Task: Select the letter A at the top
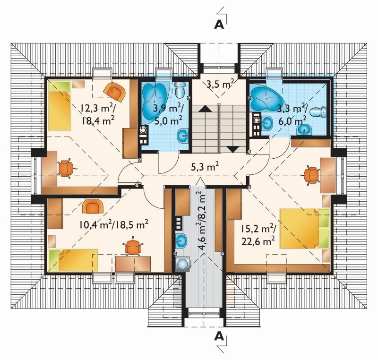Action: (219, 25)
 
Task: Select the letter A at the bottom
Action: (219, 336)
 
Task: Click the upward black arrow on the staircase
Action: (205, 109)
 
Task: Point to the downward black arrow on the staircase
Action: (233, 149)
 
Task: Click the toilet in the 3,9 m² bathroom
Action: (180, 90)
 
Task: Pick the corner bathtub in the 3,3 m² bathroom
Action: (265, 98)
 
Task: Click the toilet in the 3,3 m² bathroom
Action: (318, 111)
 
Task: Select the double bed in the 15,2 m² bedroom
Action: (304, 228)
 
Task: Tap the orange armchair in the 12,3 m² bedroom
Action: (114, 92)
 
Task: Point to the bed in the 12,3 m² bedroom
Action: (60, 105)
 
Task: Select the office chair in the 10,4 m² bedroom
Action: (132, 247)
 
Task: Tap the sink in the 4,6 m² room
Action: (181, 241)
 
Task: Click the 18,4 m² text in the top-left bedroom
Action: (98, 120)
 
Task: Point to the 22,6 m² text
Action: (258, 241)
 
